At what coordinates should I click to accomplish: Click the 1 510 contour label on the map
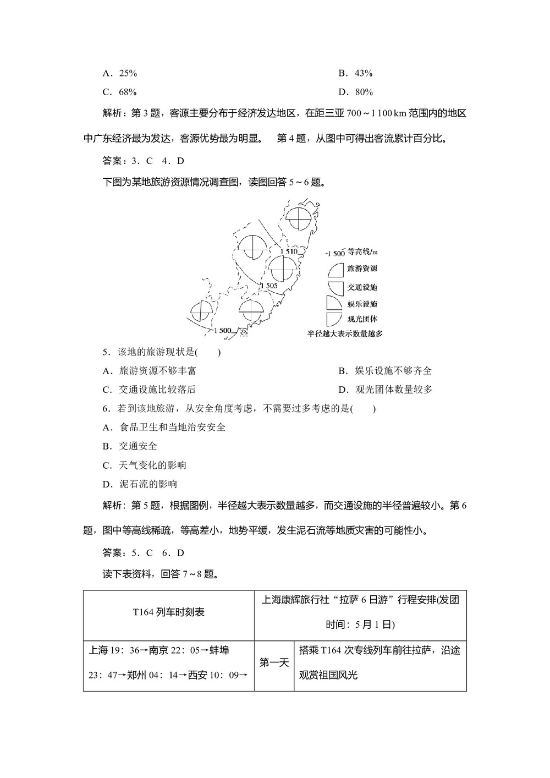coord(288,251)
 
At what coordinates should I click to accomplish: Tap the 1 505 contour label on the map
coord(268,286)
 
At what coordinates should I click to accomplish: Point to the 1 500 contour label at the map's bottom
coord(222,330)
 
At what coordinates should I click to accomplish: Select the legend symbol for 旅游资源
coord(334,269)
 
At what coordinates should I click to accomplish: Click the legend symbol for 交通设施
coord(334,287)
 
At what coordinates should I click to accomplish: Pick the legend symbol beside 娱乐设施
coord(333,304)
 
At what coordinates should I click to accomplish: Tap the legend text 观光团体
coord(362,319)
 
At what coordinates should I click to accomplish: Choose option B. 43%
coord(355,73)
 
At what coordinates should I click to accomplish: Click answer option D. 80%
coord(355,92)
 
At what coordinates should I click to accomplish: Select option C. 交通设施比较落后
coord(149,390)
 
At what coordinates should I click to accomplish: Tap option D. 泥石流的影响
coord(140,484)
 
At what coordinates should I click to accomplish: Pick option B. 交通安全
coord(130,446)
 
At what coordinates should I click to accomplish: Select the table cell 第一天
coord(274,663)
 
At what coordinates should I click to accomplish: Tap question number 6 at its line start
coord(106,408)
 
